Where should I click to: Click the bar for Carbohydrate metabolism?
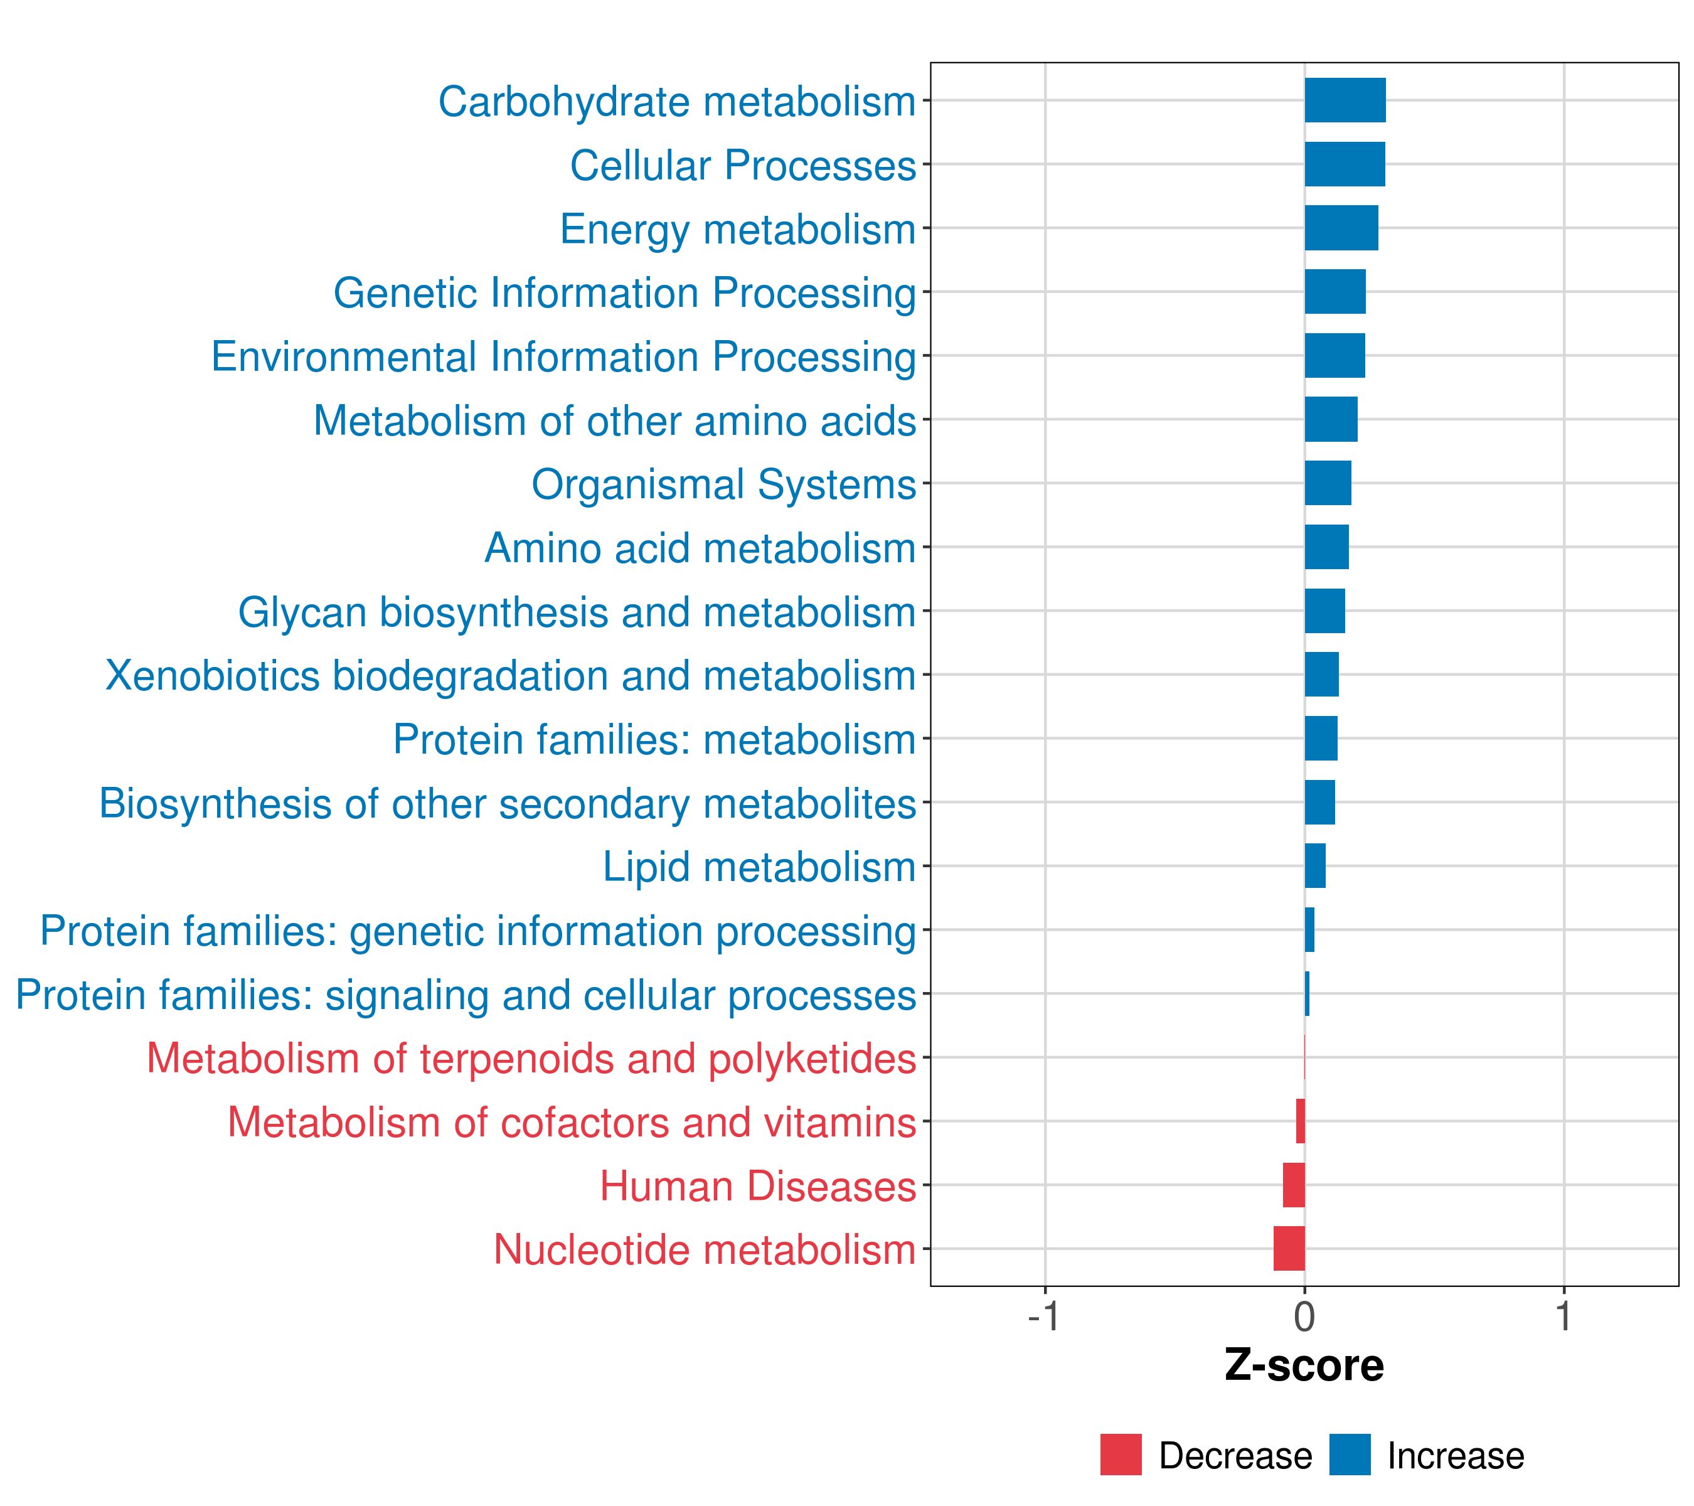pos(1345,100)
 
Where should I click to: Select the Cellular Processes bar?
pos(1345,164)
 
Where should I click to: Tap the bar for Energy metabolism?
pos(1341,228)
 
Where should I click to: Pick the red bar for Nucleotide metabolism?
pos(1289,1248)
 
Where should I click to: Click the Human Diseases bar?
pos(1294,1185)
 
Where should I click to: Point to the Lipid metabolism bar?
pos(1314,865)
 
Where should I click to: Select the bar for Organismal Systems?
pos(1328,483)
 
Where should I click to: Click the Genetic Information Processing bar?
pos(1334,292)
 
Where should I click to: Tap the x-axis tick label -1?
pos(1043,1317)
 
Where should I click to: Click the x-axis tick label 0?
pos(1304,1317)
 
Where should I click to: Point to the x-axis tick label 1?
pos(1563,1317)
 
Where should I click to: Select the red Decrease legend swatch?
pos(1121,1455)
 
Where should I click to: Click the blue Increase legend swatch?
pos(1349,1455)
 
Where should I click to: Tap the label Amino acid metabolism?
pos(700,548)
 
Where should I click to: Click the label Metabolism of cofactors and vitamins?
pos(572,1122)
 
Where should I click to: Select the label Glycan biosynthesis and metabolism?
pos(577,612)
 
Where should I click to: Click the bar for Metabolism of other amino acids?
pos(1330,419)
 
